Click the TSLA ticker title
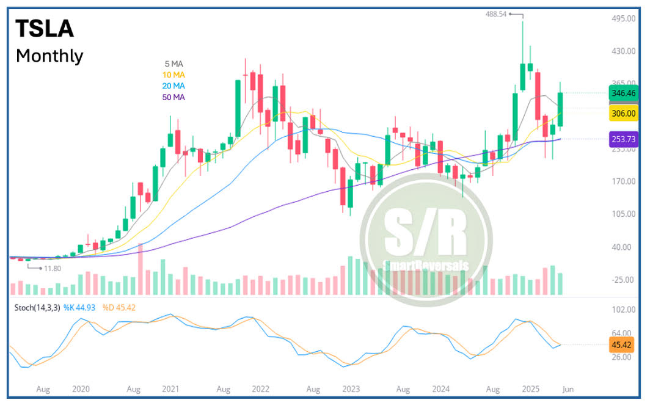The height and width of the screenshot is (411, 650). coord(45,29)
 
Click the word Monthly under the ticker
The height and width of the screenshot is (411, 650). coord(49,56)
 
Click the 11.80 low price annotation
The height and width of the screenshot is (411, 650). coord(51,267)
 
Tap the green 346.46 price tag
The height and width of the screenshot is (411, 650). coord(623,93)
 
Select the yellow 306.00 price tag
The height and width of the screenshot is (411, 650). coord(623,114)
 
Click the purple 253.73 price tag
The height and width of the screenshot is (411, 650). coord(623,139)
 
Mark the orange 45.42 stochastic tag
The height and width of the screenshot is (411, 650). coord(623,344)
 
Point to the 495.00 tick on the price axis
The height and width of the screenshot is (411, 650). coord(622,19)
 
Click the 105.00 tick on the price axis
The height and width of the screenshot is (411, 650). coord(622,214)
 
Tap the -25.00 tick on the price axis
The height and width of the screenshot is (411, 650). coord(622,280)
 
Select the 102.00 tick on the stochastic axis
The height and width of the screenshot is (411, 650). coord(622,310)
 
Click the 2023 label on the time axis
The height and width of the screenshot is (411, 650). coord(351,388)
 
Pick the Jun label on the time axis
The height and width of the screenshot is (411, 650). coord(567,388)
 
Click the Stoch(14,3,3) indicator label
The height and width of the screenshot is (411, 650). coord(37,307)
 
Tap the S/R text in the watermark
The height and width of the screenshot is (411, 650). coord(426,233)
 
